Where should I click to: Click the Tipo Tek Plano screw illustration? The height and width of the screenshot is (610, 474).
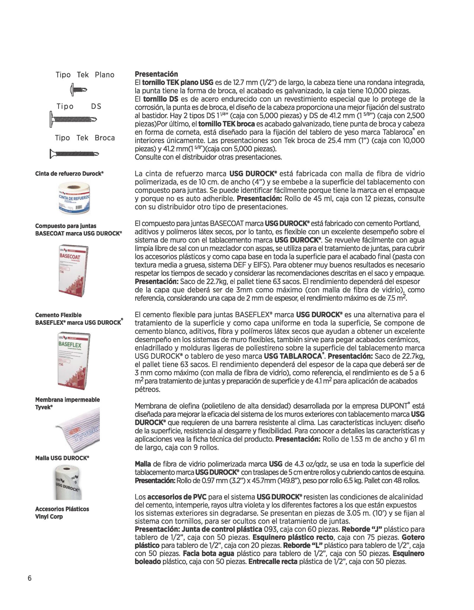[x=79, y=89]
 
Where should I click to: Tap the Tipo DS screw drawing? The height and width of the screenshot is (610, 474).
[x=73, y=119]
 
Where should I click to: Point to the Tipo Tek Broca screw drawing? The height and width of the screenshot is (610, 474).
[x=74, y=154]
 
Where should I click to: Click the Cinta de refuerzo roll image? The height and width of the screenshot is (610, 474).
[x=74, y=197]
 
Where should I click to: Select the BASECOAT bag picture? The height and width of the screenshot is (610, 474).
[x=73, y=271]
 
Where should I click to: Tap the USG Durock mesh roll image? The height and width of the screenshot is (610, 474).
[x=67, y=482]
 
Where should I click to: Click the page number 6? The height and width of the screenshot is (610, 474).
[x=29, y=578]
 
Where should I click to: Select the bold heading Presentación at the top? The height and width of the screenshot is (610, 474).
[x=156, y=74]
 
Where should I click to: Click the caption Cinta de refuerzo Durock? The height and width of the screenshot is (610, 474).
[x=69, y=174]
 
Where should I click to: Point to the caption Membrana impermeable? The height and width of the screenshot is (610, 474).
[x=67, y=400]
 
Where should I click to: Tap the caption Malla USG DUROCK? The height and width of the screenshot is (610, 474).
[x=62, y=458]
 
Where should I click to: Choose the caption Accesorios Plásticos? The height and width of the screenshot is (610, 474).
[x=62, y=509]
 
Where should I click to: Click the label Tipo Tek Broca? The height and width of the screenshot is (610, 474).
[x=85, y=138]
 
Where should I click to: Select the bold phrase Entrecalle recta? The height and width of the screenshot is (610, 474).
[x=273, y=561]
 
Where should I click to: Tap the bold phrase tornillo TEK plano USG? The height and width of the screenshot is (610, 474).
[x=178, y=82]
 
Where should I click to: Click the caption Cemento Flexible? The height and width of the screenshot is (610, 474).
[x=58, y=315]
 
